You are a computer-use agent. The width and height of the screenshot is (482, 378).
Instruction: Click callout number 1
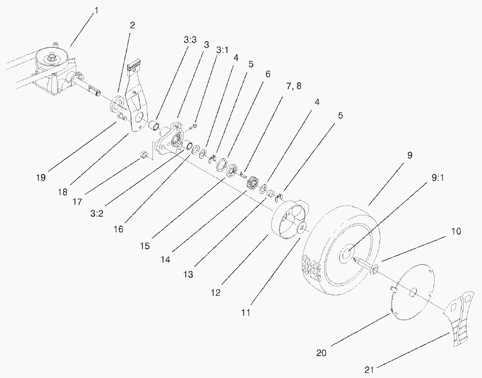97,10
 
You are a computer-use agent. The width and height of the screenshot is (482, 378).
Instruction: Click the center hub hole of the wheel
346,254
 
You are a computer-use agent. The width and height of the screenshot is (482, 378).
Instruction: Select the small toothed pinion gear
252,183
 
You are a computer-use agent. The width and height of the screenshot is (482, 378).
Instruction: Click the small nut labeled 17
142,155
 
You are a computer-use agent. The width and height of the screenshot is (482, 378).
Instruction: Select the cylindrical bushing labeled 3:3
154,126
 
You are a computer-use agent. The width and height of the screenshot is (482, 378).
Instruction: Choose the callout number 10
456,231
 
